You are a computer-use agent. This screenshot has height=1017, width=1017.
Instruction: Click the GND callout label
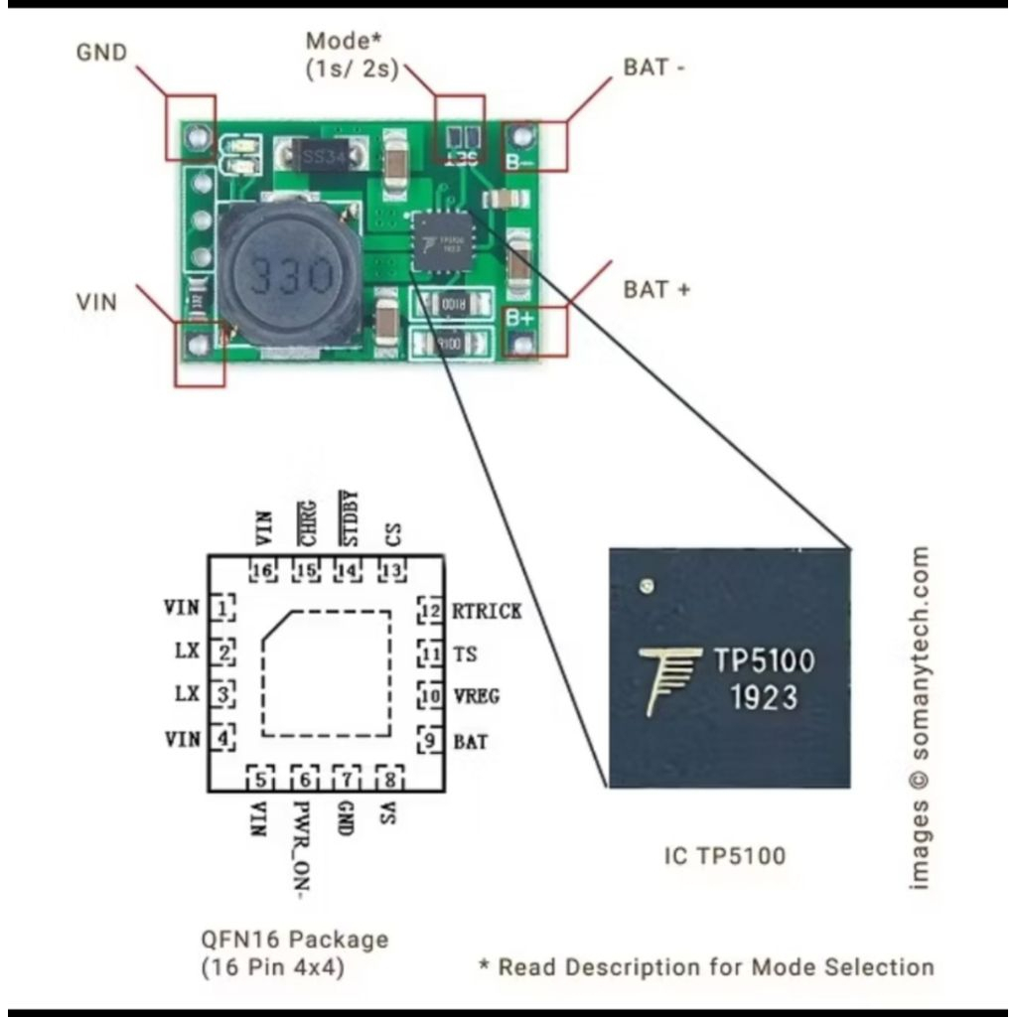[x=101, y=52]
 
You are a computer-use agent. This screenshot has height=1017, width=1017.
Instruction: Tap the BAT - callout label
[x=654, y=68]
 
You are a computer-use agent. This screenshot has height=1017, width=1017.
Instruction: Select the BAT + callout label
[x=656, y=290]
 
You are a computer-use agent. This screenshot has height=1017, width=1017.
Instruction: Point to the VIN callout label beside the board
[x=96, y=302]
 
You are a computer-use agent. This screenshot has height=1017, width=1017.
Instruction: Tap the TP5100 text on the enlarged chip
[x=764, y=661]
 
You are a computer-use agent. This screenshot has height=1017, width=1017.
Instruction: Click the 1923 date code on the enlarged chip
[x=764, y=697]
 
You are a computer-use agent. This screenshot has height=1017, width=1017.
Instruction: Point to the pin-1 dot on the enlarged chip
[x=648, y=586]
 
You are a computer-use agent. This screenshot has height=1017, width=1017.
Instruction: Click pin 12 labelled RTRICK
[x=486, y=611]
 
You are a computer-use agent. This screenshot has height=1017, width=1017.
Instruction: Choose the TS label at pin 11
[x=464, y=654]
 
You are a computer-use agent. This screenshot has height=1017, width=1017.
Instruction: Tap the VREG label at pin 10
[x=476, y=696]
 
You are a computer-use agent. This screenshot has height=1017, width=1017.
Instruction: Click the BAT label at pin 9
[x=470, y=740]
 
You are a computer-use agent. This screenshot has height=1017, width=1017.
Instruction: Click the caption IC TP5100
[x=724, y=854]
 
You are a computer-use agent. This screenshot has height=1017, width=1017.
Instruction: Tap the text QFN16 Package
[x=294, y=939]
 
